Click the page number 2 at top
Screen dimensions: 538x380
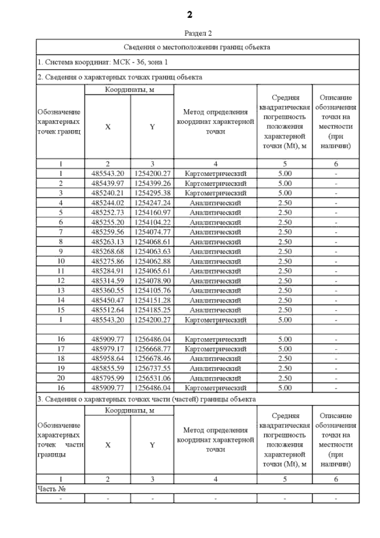(x=189, y=15)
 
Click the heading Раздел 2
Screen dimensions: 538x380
(x=198, y=33)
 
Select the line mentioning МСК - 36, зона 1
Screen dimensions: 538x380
(x=103, y=62)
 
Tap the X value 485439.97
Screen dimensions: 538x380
(x=108, y=184)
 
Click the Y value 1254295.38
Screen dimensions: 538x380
(x=152, y=193)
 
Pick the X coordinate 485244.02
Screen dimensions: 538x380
(x=108, y=203)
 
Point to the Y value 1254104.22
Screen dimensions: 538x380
(x=152, y=223)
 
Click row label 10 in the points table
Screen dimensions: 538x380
(x=60, y=261)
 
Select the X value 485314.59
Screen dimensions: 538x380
(x=108, y=281)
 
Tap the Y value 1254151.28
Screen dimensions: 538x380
(x=152, y=300)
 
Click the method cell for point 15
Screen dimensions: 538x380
(x=215, y=310)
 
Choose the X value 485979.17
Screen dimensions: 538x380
(x=108, y=349)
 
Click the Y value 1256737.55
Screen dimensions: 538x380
(x=152, y=368)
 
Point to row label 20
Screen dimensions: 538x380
(x=60, y=378)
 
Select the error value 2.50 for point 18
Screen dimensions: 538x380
(x=285, y=359)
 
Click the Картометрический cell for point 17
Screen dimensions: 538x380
(x=215, y=349)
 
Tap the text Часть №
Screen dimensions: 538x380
(x=52, y=489)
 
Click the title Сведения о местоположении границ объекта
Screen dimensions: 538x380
(x=197, y=47)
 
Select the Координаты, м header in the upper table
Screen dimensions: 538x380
(x=129, y=90)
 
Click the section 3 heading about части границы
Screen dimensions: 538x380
(x=146, y=399)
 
